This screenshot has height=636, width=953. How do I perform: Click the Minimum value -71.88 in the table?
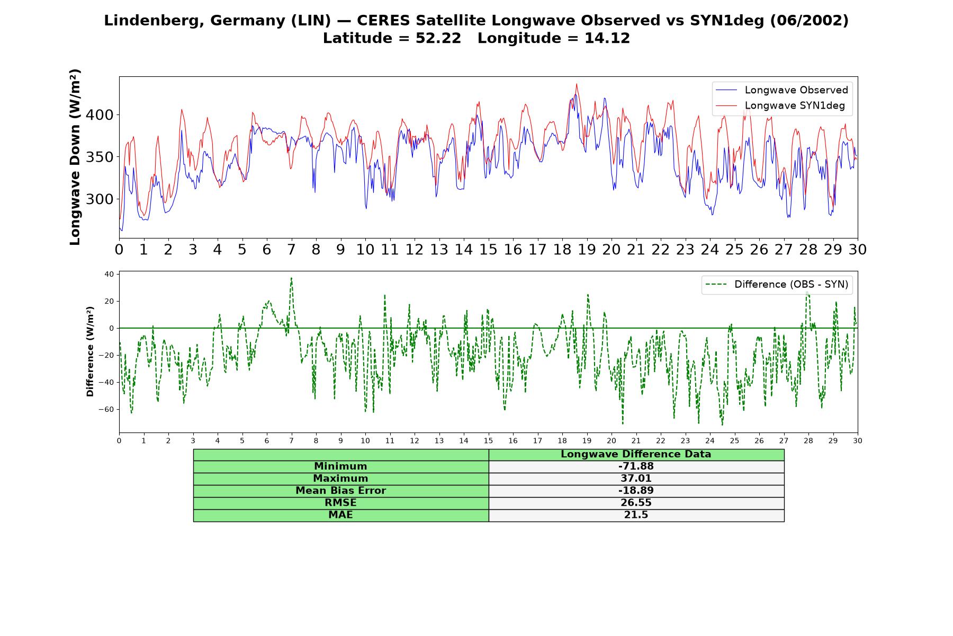click(x=636, y=466)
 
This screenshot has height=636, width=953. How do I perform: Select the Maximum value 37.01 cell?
click(x=636, y=479)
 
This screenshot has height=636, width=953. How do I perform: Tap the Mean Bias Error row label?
click(x=340, y=491)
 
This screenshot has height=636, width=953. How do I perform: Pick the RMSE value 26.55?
click(x=636, y=503)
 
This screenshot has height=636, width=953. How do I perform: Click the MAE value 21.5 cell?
click(x=636, y=515)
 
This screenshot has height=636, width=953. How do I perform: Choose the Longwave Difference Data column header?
click(x=636, y=454)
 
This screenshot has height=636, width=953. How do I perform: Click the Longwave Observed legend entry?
click(x=781, y=90)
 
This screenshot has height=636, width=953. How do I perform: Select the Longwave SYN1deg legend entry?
click(x=780, y=105)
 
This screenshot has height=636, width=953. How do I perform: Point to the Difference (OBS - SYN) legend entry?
click(x=777, y=285)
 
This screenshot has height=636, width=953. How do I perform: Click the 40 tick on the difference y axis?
click(x=109, y=275)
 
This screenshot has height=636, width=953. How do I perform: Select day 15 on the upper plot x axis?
click(x=488, y=250)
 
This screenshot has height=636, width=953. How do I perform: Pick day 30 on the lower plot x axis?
click(x=857, y=441)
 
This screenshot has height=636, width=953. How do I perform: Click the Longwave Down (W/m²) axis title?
click(x=75, y=157)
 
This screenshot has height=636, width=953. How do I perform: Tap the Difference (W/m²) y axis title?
click(x=90, y=351)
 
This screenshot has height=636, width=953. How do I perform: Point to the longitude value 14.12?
click(x=607, y=38)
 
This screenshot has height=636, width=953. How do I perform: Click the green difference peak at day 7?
click(x=291, y=278)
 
